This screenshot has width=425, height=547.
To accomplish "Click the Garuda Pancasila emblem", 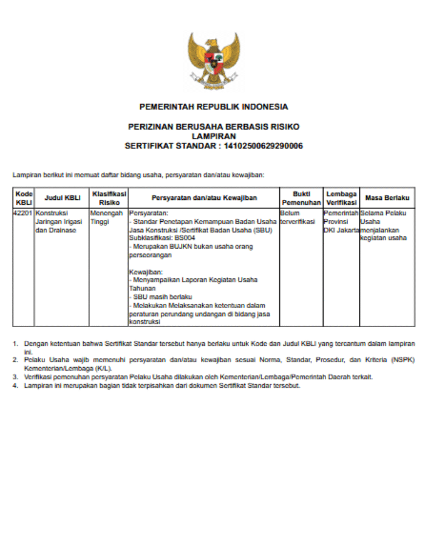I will click(213, 61).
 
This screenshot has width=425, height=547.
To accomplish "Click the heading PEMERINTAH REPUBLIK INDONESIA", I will click(214, 107).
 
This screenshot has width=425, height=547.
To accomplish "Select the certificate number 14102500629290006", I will click(263, 146).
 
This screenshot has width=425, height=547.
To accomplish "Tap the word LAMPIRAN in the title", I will click(214, 136).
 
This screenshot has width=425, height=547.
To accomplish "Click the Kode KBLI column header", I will click(24, 198).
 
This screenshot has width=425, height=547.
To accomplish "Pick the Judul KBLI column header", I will click(63, 198).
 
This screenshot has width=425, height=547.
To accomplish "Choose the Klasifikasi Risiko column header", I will click(109, 198).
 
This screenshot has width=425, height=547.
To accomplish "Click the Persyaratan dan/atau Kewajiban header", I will click(204, 198).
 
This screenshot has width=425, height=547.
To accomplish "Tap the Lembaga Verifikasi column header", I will click(341, 198).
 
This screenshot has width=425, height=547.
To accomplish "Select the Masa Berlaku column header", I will click(387, 198).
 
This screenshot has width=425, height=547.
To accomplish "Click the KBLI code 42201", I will click(24, 213).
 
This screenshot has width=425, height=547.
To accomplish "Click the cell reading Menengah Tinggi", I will click(107, 218).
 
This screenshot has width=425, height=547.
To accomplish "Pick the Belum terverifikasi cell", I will click(298, 218).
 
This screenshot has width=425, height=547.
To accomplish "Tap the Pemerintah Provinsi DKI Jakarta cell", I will click(341, 222).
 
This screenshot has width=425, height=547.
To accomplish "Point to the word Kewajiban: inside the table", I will click(142, 272).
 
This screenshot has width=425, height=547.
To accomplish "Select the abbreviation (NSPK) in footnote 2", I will click(400, 360).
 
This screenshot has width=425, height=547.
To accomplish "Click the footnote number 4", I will click(15, 385).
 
